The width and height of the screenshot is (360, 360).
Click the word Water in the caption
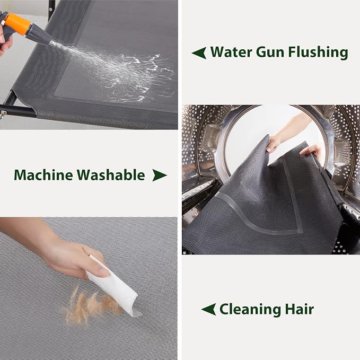click(231, 52)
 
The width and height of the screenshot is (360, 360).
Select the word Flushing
click(318, 52)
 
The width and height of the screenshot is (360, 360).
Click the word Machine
click(43, 175)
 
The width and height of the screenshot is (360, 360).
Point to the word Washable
click(111, 175)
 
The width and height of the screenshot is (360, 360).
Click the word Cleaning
click(250, 310)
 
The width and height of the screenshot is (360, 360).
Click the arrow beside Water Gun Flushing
click(199, 53)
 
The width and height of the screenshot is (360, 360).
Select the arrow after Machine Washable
click(160, 175)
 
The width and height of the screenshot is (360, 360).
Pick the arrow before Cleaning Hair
click(208, 309)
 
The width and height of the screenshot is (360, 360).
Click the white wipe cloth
click(112, 285)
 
